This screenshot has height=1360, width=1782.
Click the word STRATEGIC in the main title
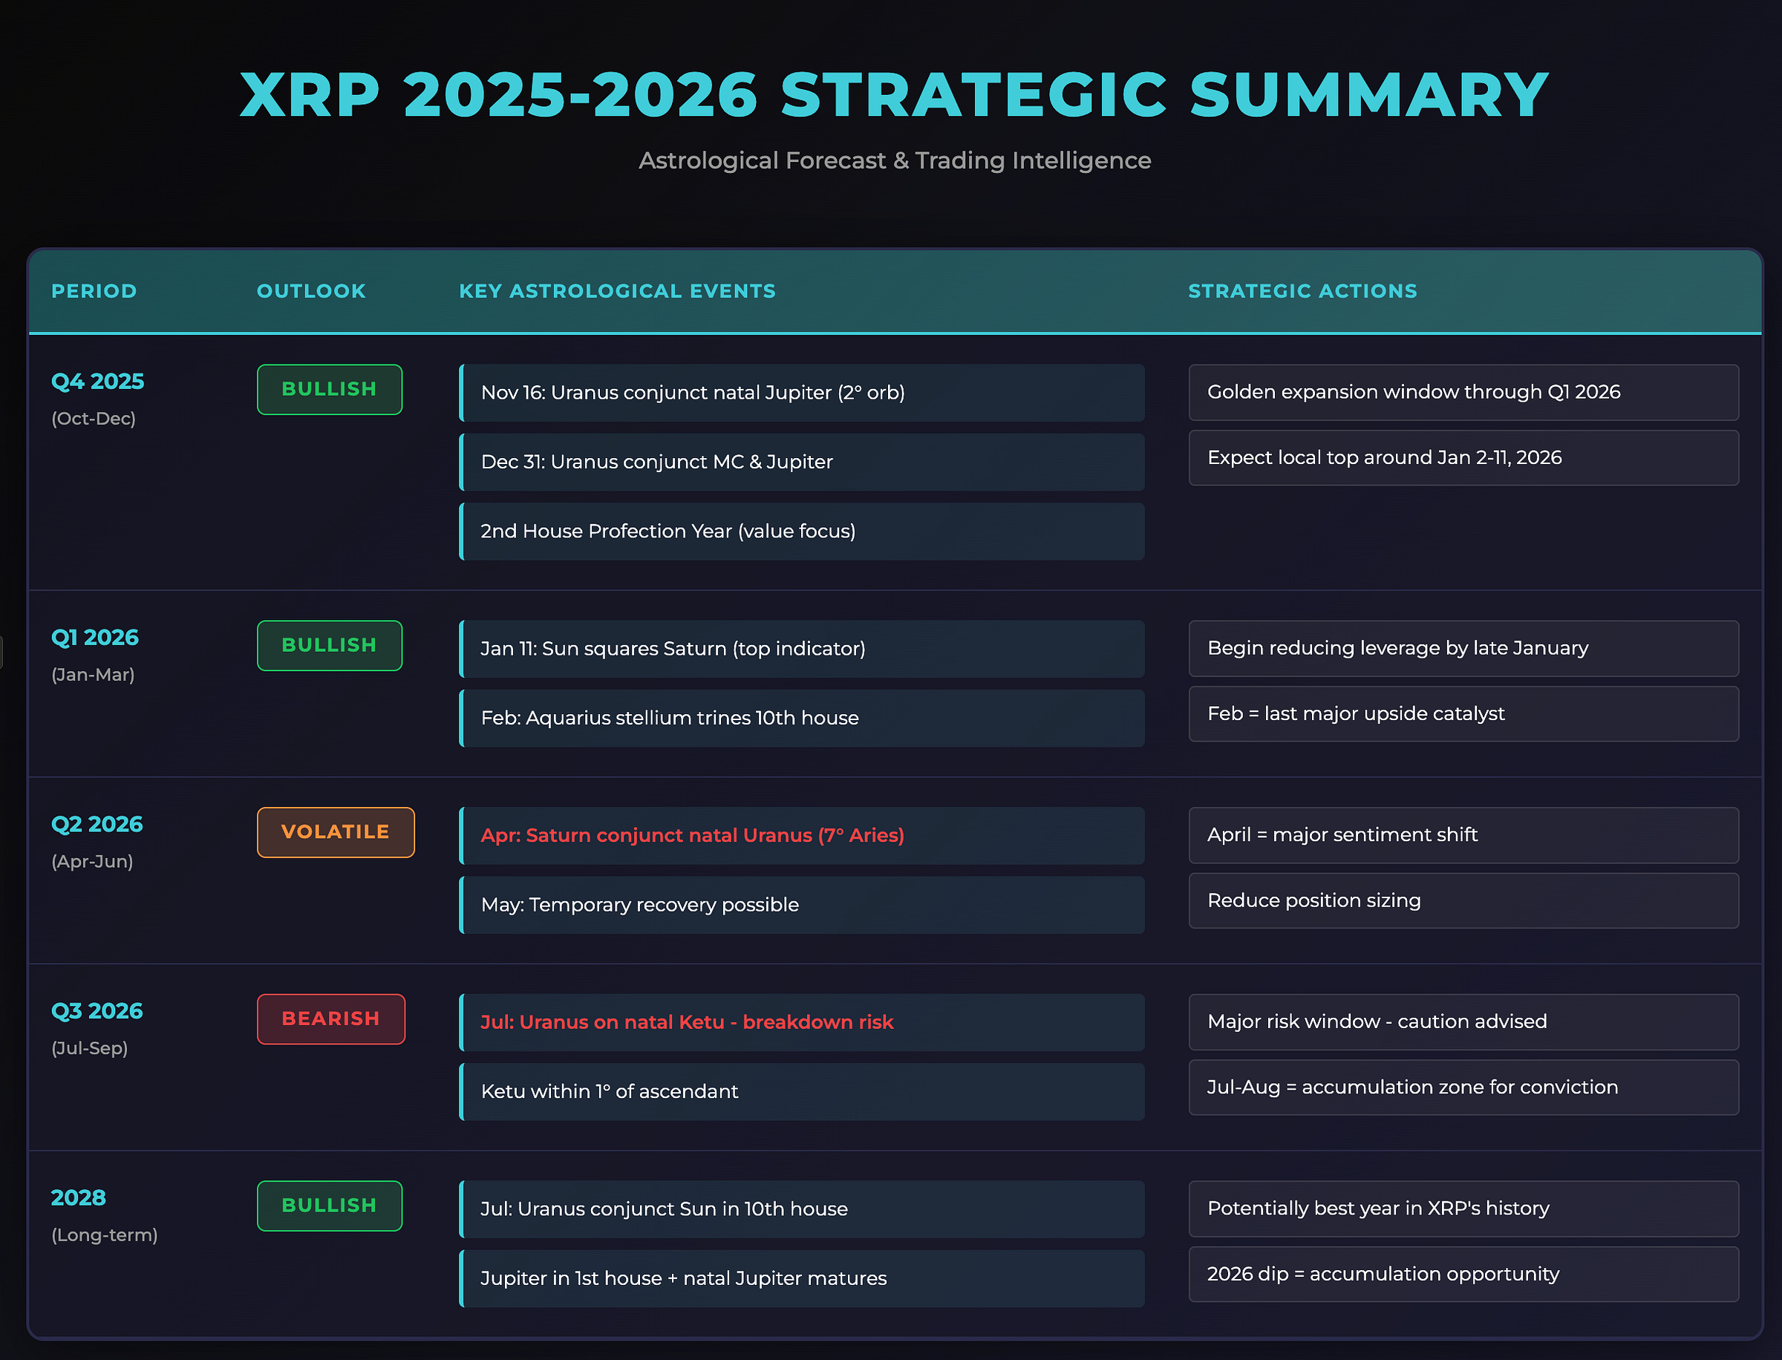973,96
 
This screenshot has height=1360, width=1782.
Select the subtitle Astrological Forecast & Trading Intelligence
895,160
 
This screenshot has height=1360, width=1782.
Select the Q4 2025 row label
97,382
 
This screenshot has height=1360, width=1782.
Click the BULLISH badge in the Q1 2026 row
330,645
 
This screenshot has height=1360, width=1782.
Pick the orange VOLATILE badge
335,832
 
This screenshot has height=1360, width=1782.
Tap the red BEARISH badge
330,1019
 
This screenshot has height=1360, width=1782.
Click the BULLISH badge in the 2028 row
330,1206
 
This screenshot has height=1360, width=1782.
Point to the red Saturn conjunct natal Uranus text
692,835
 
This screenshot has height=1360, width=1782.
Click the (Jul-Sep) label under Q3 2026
89,1048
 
